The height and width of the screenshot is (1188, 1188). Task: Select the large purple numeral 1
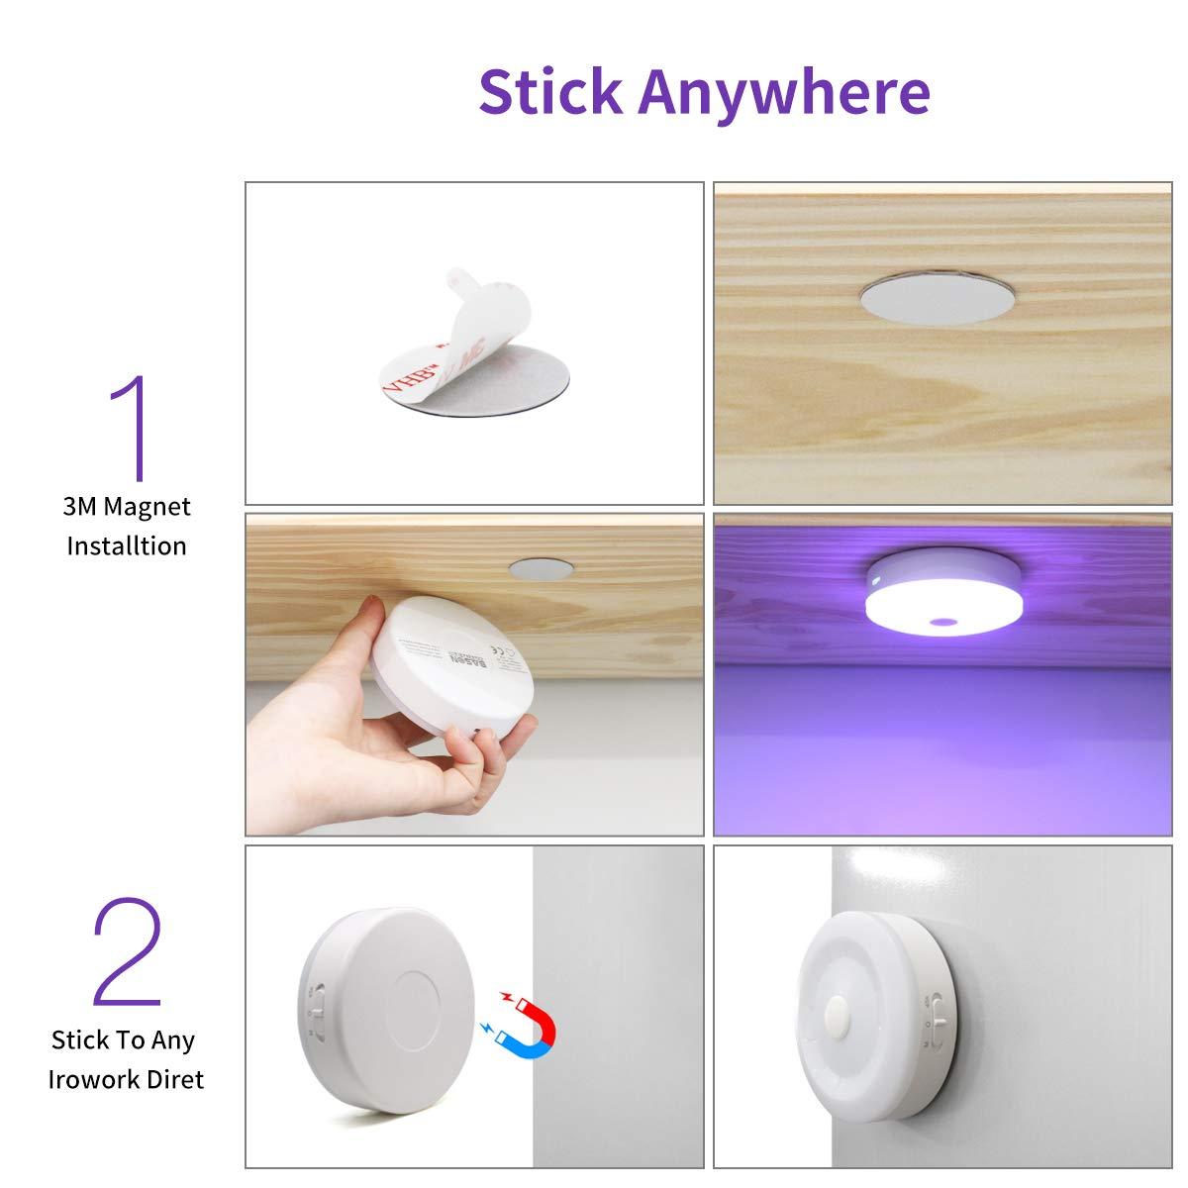click(129, 428)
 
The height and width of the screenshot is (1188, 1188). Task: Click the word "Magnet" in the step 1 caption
click(147, 507)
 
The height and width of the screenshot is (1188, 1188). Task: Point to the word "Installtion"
click(126, 545)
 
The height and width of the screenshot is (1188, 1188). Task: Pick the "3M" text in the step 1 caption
click(80, 507)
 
